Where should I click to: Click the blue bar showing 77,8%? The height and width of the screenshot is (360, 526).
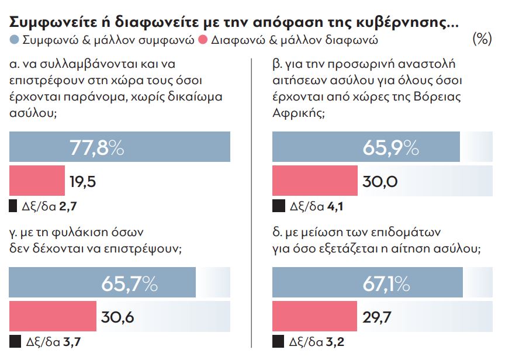pyautogui.click(x=120, y=147)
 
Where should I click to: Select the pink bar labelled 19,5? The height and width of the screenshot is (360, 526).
pyautogui.click(x=37, y=181)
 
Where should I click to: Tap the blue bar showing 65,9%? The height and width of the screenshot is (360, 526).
pyautogui.click(x=366, y=147)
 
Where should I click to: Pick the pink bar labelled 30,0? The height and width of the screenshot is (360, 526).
pyautogui.click(x=315, y=181)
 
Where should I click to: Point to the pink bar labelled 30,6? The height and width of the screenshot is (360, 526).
pyautogui.click(x=53, y=316)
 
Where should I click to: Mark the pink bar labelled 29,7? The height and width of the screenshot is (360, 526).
pyautogui.click(x=314, y=316)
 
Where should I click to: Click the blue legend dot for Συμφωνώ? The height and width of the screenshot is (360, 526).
pyautogui.click(x=15, y=40)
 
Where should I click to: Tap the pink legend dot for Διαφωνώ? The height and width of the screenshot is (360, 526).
pyautogui.click(x=203, y=40)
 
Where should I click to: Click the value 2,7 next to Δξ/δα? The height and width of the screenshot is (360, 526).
pyautogui.click(x=69, y=206)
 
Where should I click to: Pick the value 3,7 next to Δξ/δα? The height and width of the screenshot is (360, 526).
pyautogui.click(x=69, y=342)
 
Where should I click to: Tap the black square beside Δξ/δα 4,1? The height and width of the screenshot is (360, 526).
pyautogui.click(x=278, y=206)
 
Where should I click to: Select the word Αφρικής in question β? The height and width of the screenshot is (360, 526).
pyautogui.click(x=298, y=111)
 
